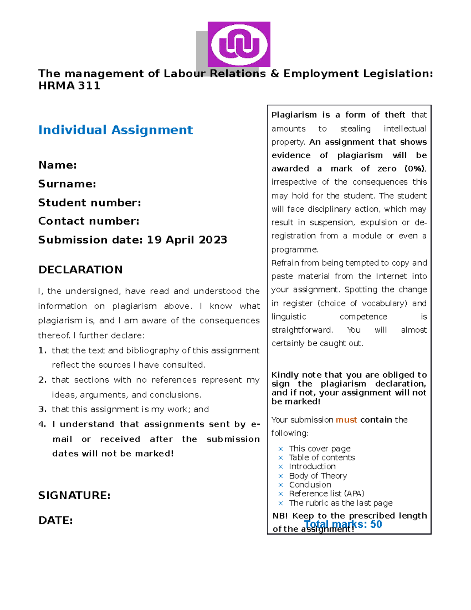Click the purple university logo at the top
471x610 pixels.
[239, 44]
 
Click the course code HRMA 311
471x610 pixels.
[69, 86]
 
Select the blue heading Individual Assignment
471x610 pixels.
[115, 130]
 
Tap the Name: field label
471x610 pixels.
[57, 165]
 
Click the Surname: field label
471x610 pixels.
[67, 184]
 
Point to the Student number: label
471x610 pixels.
[89, 203]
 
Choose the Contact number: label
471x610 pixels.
[89, 221]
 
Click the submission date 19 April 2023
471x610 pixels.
[187, 240]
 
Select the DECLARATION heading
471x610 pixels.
[80, 270]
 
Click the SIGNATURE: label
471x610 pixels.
[74, 495]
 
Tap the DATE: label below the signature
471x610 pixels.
[55, 520]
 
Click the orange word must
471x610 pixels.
[346, 420]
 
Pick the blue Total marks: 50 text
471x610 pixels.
[343, 524]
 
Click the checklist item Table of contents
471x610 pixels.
[322, 458]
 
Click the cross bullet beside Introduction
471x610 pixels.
[281, 467]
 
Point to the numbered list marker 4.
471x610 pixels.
[42, 424]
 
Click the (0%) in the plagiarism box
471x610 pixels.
[415, 169]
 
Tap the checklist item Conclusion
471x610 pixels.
[310, 485]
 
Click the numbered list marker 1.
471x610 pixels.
[42, 350]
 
